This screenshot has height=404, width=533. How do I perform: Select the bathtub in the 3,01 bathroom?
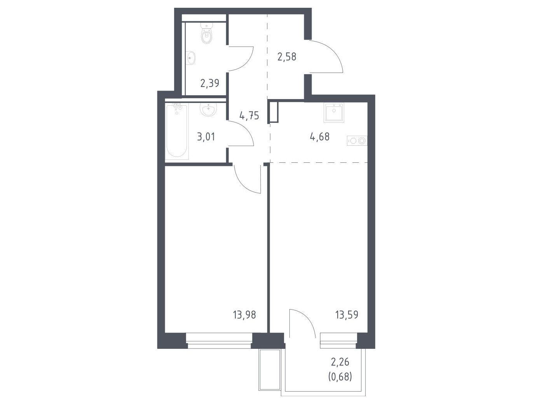point(177,131)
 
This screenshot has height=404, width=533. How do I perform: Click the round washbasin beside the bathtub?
point(208,109)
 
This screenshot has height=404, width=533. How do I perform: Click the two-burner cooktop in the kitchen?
point(357,141)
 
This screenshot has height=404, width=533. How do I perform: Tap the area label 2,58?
point(287,57)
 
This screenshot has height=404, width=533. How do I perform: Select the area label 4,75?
point(249,116)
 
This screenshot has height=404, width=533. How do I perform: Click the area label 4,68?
point(320,137)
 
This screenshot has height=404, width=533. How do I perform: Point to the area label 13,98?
point(244,315)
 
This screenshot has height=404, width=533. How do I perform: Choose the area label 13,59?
point(347,315)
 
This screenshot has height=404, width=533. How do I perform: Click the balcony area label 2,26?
point(340,362)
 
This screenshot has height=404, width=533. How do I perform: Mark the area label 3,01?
point(206,137)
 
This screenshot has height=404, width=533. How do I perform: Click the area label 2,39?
point(209,83)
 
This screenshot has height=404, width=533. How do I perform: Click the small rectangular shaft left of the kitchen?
point(273,112)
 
